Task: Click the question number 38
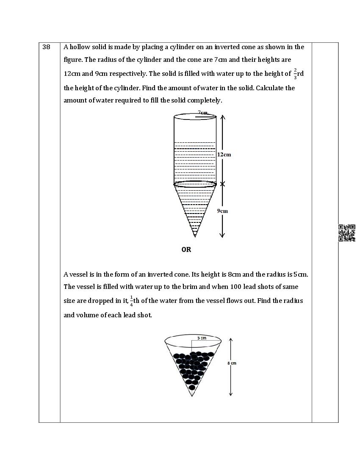click(x=46, y=47)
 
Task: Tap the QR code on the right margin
click(x=346, y=233)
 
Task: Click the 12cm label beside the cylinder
click(x=224, y=155)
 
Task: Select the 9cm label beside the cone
click(x=222, y=211)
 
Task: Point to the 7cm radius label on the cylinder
click(x=202, y=113)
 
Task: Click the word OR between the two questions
click(x=186, y=250)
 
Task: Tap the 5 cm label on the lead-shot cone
click(x=201, y=338)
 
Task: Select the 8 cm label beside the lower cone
click(x=232, y=363)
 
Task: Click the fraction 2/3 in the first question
click(x=295, y=74)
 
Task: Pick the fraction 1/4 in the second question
click(x=131, y=301)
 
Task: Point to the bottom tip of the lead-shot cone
click(x=192, y=396)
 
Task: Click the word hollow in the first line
click(x=80, y=47)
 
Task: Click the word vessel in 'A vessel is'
click(x=79, y=275)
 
